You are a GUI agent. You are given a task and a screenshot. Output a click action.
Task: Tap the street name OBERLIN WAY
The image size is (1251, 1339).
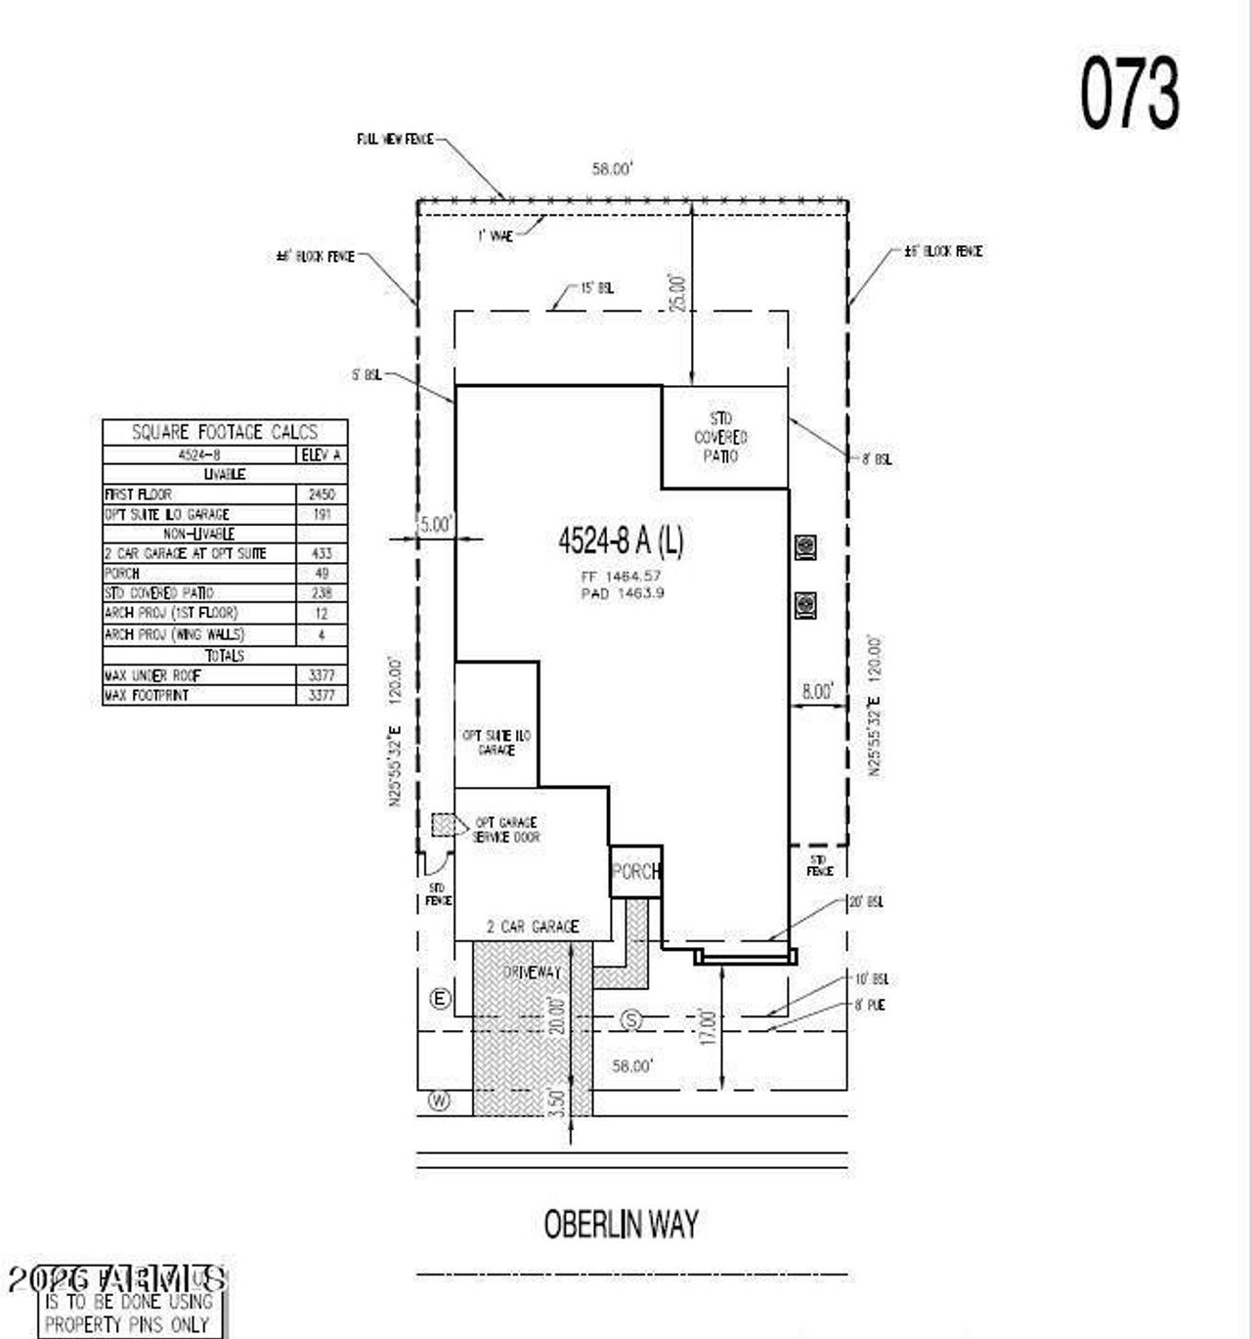tap(621, 1224)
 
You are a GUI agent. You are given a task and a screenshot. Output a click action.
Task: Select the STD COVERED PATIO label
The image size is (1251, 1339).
tap(721, 437)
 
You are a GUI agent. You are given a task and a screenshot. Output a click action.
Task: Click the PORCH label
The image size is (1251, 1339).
tap(635, 871)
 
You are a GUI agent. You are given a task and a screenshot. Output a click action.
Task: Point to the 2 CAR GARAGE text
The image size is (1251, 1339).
tap(533, 926)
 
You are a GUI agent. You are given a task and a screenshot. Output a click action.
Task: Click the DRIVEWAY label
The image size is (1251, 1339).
tap(532, 972)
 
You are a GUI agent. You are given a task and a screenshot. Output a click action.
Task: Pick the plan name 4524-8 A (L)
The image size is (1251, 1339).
tap(621, 540)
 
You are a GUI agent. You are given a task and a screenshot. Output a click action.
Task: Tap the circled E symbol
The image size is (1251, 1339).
tap(441, 998)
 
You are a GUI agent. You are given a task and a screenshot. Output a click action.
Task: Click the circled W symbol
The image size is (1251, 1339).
tap(440, 1101)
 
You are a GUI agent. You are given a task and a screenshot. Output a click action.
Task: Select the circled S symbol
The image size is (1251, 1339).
tap(632, 1020)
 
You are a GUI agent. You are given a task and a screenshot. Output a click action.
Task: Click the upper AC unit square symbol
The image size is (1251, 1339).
tap(805, 546)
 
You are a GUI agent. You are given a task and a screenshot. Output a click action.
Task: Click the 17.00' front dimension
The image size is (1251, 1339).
tap(708, 1028)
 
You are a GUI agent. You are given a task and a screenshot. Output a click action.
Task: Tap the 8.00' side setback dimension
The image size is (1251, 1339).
tap(817, 691)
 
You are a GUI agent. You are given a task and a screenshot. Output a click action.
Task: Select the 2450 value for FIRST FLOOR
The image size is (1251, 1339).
tap(321, 495)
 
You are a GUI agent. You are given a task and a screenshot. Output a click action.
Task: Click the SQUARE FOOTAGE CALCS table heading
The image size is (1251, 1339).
tap(225, 432)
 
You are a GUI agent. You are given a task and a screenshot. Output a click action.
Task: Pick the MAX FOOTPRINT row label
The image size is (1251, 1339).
tap(147, 695)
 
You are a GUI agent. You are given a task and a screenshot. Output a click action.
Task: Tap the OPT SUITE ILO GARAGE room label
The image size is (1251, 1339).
tap(496, 742)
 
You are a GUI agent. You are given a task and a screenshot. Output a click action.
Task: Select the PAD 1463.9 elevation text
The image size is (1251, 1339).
tap(622, 593)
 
